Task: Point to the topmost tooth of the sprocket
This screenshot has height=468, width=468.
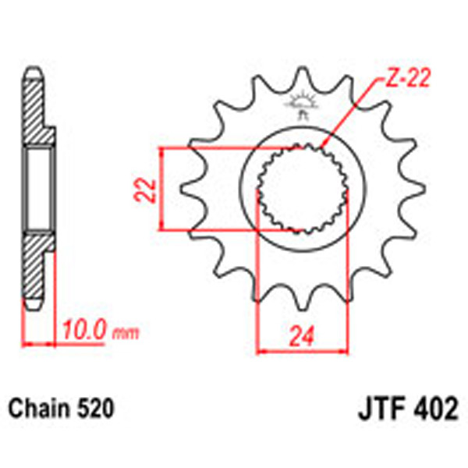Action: pyautogui.click(x=300, y=76)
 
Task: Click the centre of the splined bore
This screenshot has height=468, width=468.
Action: pyautogui.click(x=300, y=190)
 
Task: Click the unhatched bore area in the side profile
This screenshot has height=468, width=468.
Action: pyautogui.click(x=38, y=189)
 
